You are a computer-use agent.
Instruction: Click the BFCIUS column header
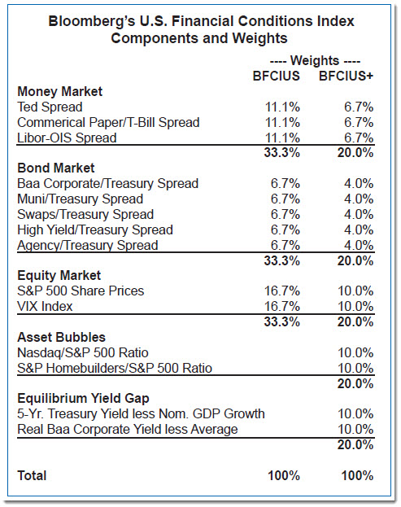[x=276, y=76]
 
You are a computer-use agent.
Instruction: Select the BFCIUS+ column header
[x=346, y=76]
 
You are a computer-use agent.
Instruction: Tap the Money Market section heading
[x=59, y=91]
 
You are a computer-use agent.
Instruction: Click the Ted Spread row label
[x=50, y=107]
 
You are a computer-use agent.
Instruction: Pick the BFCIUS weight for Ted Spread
[x=282, y=107]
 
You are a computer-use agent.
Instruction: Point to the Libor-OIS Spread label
[x=67, y=138]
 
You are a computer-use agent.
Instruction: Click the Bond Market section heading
[x=56, y=168]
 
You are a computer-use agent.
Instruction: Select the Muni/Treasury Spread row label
[x=81, y=199]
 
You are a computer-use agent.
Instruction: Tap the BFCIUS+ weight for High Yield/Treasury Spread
[x=359, y=229]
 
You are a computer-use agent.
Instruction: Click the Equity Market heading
[x=59, y=276]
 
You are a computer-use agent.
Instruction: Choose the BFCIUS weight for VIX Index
[x=282, y=306]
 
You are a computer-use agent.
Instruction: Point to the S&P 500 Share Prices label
[x=81, y=291]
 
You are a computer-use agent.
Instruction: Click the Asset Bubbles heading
[x=61, y=337]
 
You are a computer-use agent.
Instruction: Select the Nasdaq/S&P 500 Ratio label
[x=83, y=352]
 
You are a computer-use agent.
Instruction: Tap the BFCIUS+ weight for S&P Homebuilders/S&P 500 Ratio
[x=355, y=369]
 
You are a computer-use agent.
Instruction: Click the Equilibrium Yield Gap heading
[x=83, y=399]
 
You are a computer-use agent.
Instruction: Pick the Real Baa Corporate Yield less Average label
[x=128, y=430]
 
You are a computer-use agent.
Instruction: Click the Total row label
[x=32, y=475]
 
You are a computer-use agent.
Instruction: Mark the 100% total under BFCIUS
[x=284, y=475]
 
